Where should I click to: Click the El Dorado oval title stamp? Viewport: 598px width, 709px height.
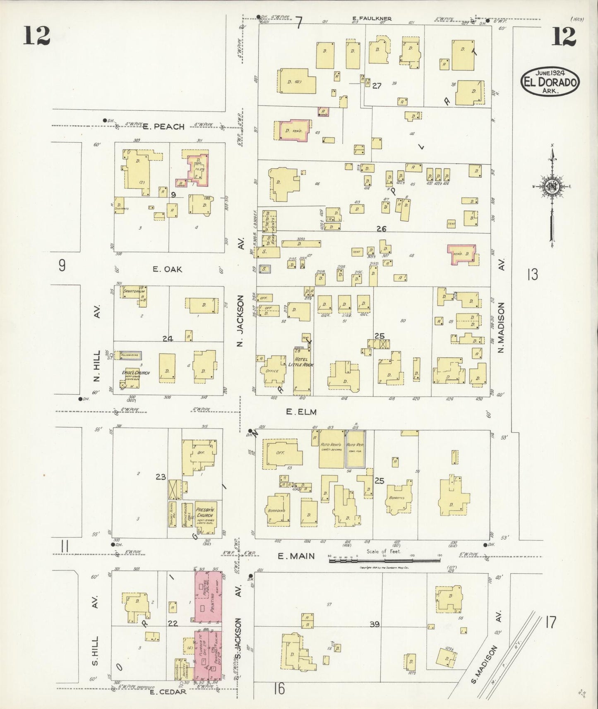(550, 81)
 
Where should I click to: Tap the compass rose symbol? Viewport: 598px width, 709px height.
(552, 187)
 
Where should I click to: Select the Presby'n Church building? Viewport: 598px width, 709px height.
(206, 515)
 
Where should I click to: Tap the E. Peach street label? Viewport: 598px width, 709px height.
(163, 127)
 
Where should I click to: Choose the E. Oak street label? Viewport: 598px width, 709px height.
(167, 269)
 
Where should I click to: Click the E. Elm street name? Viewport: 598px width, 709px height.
(301, 412)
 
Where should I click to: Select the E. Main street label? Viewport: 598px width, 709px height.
(296, 556)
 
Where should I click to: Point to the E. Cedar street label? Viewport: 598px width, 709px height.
(167, 692)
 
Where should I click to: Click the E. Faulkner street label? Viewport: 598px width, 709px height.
(372, 18)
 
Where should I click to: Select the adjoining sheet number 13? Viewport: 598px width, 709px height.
(532, 274)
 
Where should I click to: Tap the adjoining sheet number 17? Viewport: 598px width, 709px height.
(550, 622)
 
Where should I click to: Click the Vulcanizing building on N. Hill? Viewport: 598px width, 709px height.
(130, 355)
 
